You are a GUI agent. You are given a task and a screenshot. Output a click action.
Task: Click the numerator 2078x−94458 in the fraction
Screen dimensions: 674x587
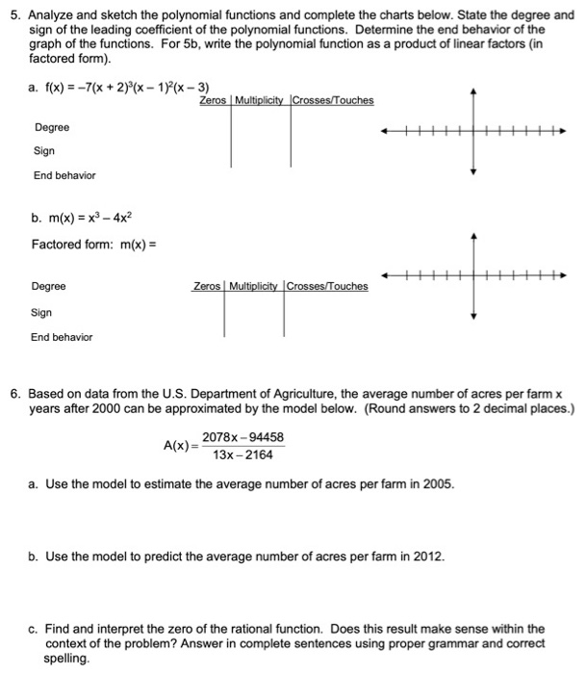242,436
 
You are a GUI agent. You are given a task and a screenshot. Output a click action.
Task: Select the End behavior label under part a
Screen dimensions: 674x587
64,174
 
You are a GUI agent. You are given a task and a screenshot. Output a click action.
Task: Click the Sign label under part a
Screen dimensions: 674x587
44,151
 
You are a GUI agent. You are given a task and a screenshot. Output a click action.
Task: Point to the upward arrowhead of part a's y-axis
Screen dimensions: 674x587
473,91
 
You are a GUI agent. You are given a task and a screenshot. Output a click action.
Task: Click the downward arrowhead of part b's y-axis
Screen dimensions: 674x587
473,317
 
